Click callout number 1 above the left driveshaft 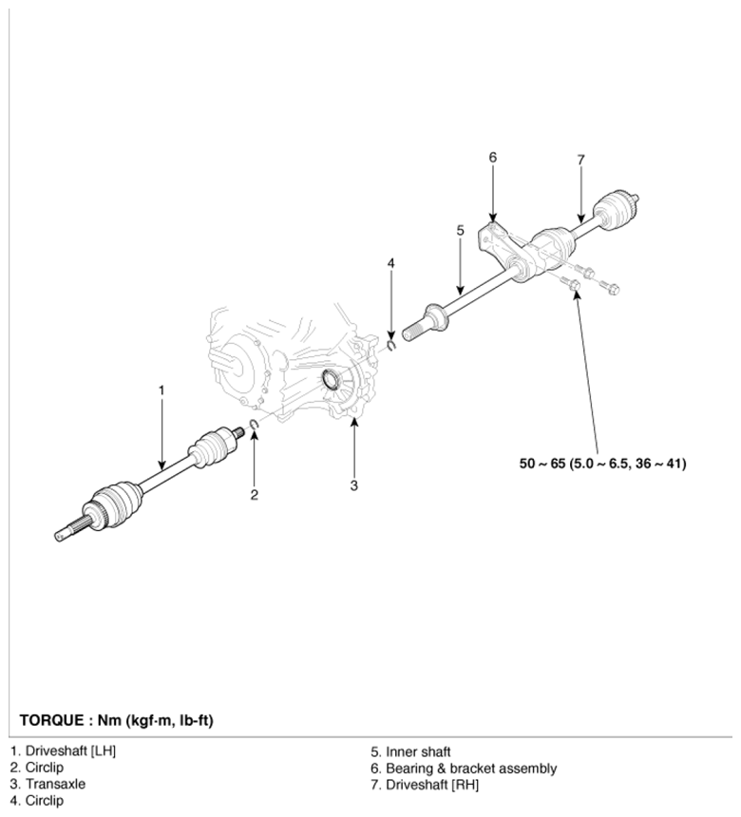pyautogui.click(x=161, y=390)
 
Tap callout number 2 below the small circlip pyautogui.click(x=254, y=494)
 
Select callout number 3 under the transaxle pyautogui.click(x=353, y=485)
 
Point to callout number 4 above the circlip pyautogui.click(x=390, y=263)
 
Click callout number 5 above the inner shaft pyautogui.click(x=460, y=230)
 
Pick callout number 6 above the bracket pyautogui.click(x=493, y=158)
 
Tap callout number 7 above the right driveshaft pyautogui.click(x=581, y=160)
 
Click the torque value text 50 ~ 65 pyautogui.click(x=541, y=464)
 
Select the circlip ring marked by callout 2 pyautogui.click(x=255, y=426)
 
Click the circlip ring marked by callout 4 pyautogui.click(x=391, y=345)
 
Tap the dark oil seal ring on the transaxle pyautogui.click(x=331, y=379)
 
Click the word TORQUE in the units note pyautogui.click(x=51, y=721)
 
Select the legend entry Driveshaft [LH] pyautogui.click(x=63, y=750)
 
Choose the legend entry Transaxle pyautogui.click(x=47, y=784)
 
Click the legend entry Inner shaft pyautogui.click(x=410, y=751)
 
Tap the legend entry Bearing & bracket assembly pyautogui.click(x=464, y=769)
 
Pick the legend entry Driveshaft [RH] pyautogui.click(x=425, y=785)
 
